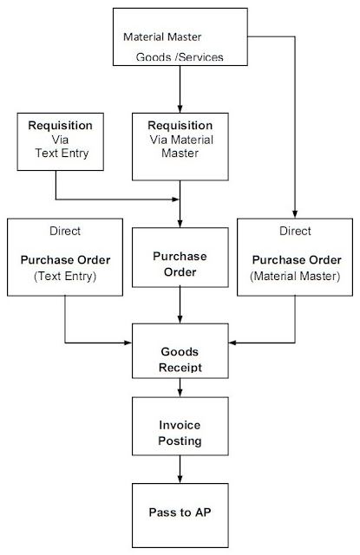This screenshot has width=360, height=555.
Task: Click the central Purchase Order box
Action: click(x=180, y=264)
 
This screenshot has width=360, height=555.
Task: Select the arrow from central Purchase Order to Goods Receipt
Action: click(x=180, y=310)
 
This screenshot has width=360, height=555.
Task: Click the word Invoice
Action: click(x=180, y=425)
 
